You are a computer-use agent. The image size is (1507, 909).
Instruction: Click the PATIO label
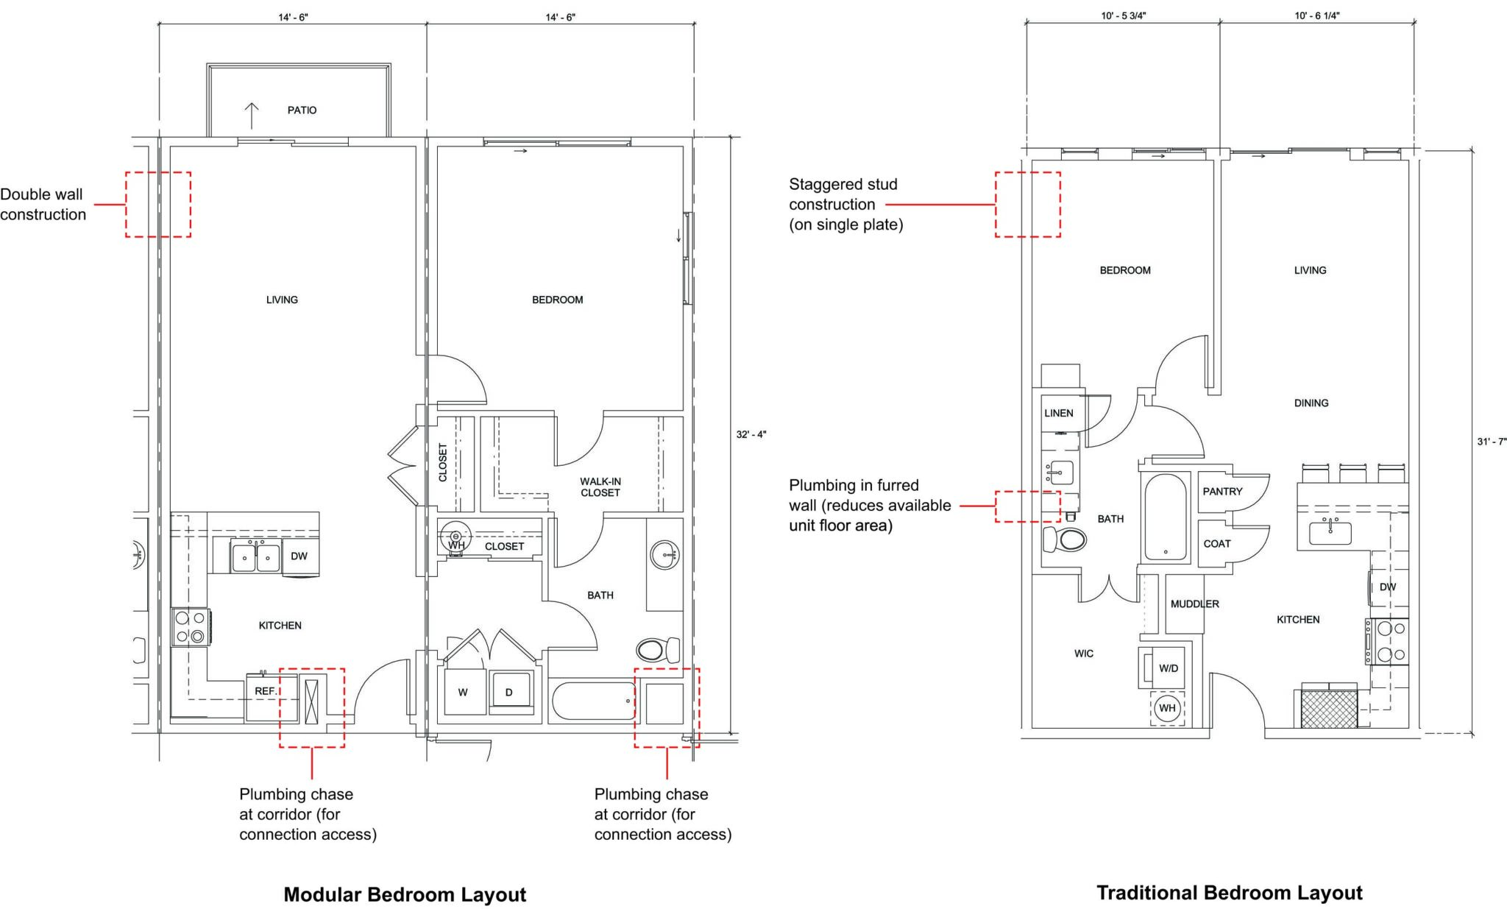[x=302, y=110]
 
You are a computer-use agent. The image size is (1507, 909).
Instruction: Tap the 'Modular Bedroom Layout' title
[x=405, y=895]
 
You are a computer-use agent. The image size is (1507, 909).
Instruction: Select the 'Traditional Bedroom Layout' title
[x=1229, y=893]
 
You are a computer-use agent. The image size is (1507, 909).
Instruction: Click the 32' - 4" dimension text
[x=751, y=434]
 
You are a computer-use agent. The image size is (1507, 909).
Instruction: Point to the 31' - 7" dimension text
[x=1492, y=442]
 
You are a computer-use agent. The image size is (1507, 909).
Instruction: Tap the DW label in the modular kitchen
[x=299, y=556]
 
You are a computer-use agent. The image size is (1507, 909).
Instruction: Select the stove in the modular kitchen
[x=190, y=627]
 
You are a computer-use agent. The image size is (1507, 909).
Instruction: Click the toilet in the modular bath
[x=657, y=650]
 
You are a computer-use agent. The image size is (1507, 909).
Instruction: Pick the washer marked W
[x=463, y=693]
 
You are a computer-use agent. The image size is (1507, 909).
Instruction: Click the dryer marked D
[x=508, y=693]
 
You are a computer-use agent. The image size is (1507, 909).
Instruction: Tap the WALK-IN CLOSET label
[x=600, y=487]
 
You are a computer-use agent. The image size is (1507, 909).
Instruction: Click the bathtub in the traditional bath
[x=1165, y=518]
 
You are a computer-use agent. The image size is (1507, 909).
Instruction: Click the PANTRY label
[x=1222, y=492]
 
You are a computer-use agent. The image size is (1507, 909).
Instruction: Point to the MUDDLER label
[x=1194, y=604]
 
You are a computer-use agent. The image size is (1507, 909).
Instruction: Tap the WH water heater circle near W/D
[x=1168, y=709]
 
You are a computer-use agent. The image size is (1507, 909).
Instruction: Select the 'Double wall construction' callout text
[x=43, y=205]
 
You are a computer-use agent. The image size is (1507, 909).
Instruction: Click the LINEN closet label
[x=1058, y=414]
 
